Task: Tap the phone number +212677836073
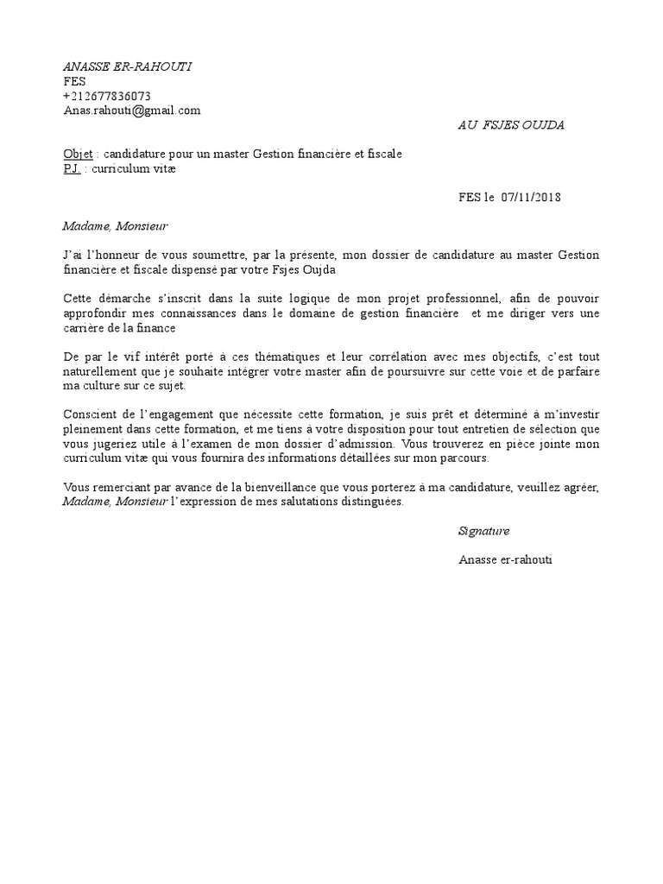pos(106,96)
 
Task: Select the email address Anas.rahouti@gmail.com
pos(131,110)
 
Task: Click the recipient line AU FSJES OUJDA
pos(510,125)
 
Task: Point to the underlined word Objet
pos(78,155)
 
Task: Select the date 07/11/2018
pos(531,198)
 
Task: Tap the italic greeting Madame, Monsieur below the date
pos(115,227)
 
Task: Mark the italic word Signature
pos(483,531)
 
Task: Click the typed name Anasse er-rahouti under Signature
pos(505,559)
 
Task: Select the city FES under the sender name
pos(75,82)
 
